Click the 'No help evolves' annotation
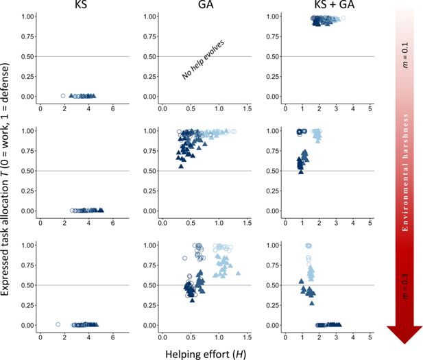[x=204, y=60]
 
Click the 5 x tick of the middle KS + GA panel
[x=370, y=224]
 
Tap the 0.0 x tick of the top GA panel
[x=161, y=109]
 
